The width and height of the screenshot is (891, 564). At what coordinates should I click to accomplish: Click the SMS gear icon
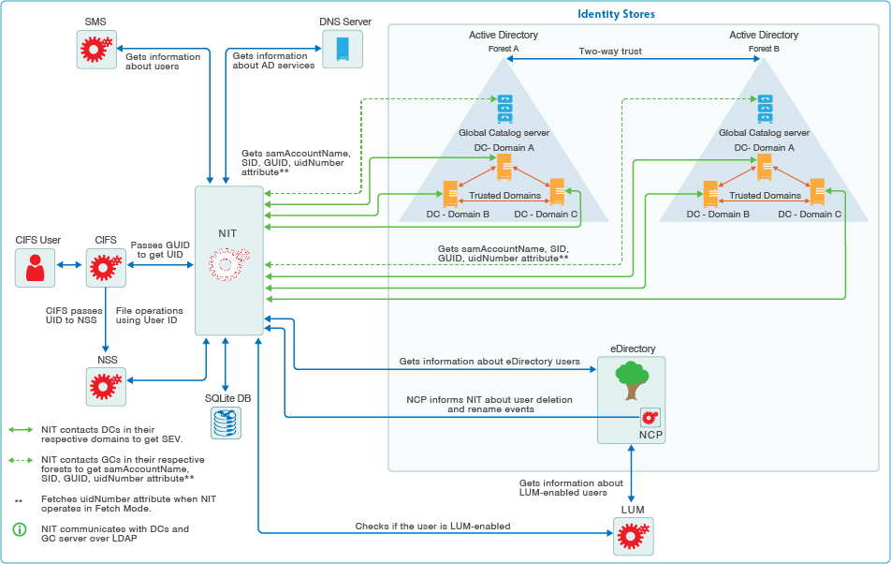pos(95,49)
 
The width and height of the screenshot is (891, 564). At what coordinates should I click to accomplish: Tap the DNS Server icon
pos(336,49)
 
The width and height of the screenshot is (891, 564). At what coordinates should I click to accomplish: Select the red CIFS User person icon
pos(36,268)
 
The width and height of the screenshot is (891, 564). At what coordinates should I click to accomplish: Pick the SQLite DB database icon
pos(226,423)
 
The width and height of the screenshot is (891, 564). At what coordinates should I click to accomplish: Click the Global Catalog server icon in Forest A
pos(505,109)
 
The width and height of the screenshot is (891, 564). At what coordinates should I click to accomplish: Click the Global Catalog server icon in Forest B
pos(765,109)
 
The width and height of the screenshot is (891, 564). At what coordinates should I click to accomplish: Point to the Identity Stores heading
pos(616,14)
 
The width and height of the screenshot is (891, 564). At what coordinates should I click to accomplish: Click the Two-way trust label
pos(610,52)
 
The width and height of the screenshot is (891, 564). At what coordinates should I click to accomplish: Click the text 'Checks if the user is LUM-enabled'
pos(432,527)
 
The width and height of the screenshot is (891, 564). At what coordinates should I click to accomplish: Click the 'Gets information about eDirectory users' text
pos(489,361)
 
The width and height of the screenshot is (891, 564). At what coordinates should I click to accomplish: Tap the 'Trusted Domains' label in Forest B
pos(765,196)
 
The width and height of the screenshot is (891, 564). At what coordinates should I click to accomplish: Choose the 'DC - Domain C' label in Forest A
pos(547,215)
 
